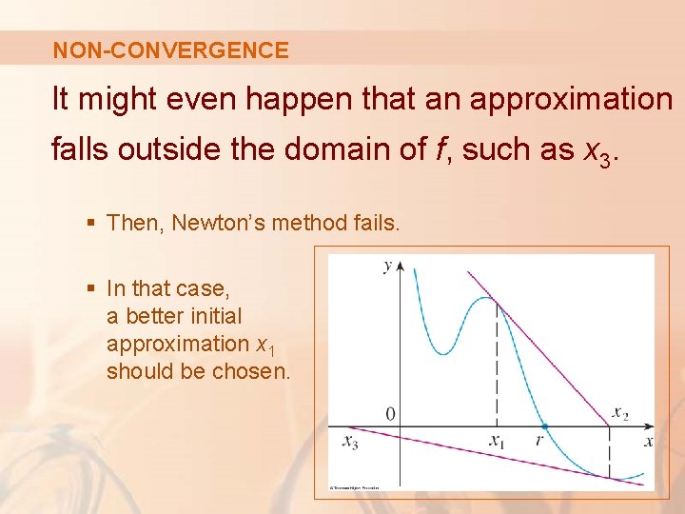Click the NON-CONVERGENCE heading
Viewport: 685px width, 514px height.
[170, 50]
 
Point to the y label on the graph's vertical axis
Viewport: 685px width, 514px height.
[387, 266]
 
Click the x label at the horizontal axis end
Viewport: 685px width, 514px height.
[648, 441]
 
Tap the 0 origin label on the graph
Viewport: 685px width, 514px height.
[390, 414]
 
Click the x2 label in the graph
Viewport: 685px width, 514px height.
[620, 413]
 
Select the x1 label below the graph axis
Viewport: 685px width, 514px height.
[497, 441]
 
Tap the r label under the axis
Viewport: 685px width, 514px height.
[539, 441]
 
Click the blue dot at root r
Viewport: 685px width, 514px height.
[543, 426]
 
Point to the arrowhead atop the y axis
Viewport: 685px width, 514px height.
[401, 262]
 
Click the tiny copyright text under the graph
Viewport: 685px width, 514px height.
[354, 486]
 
